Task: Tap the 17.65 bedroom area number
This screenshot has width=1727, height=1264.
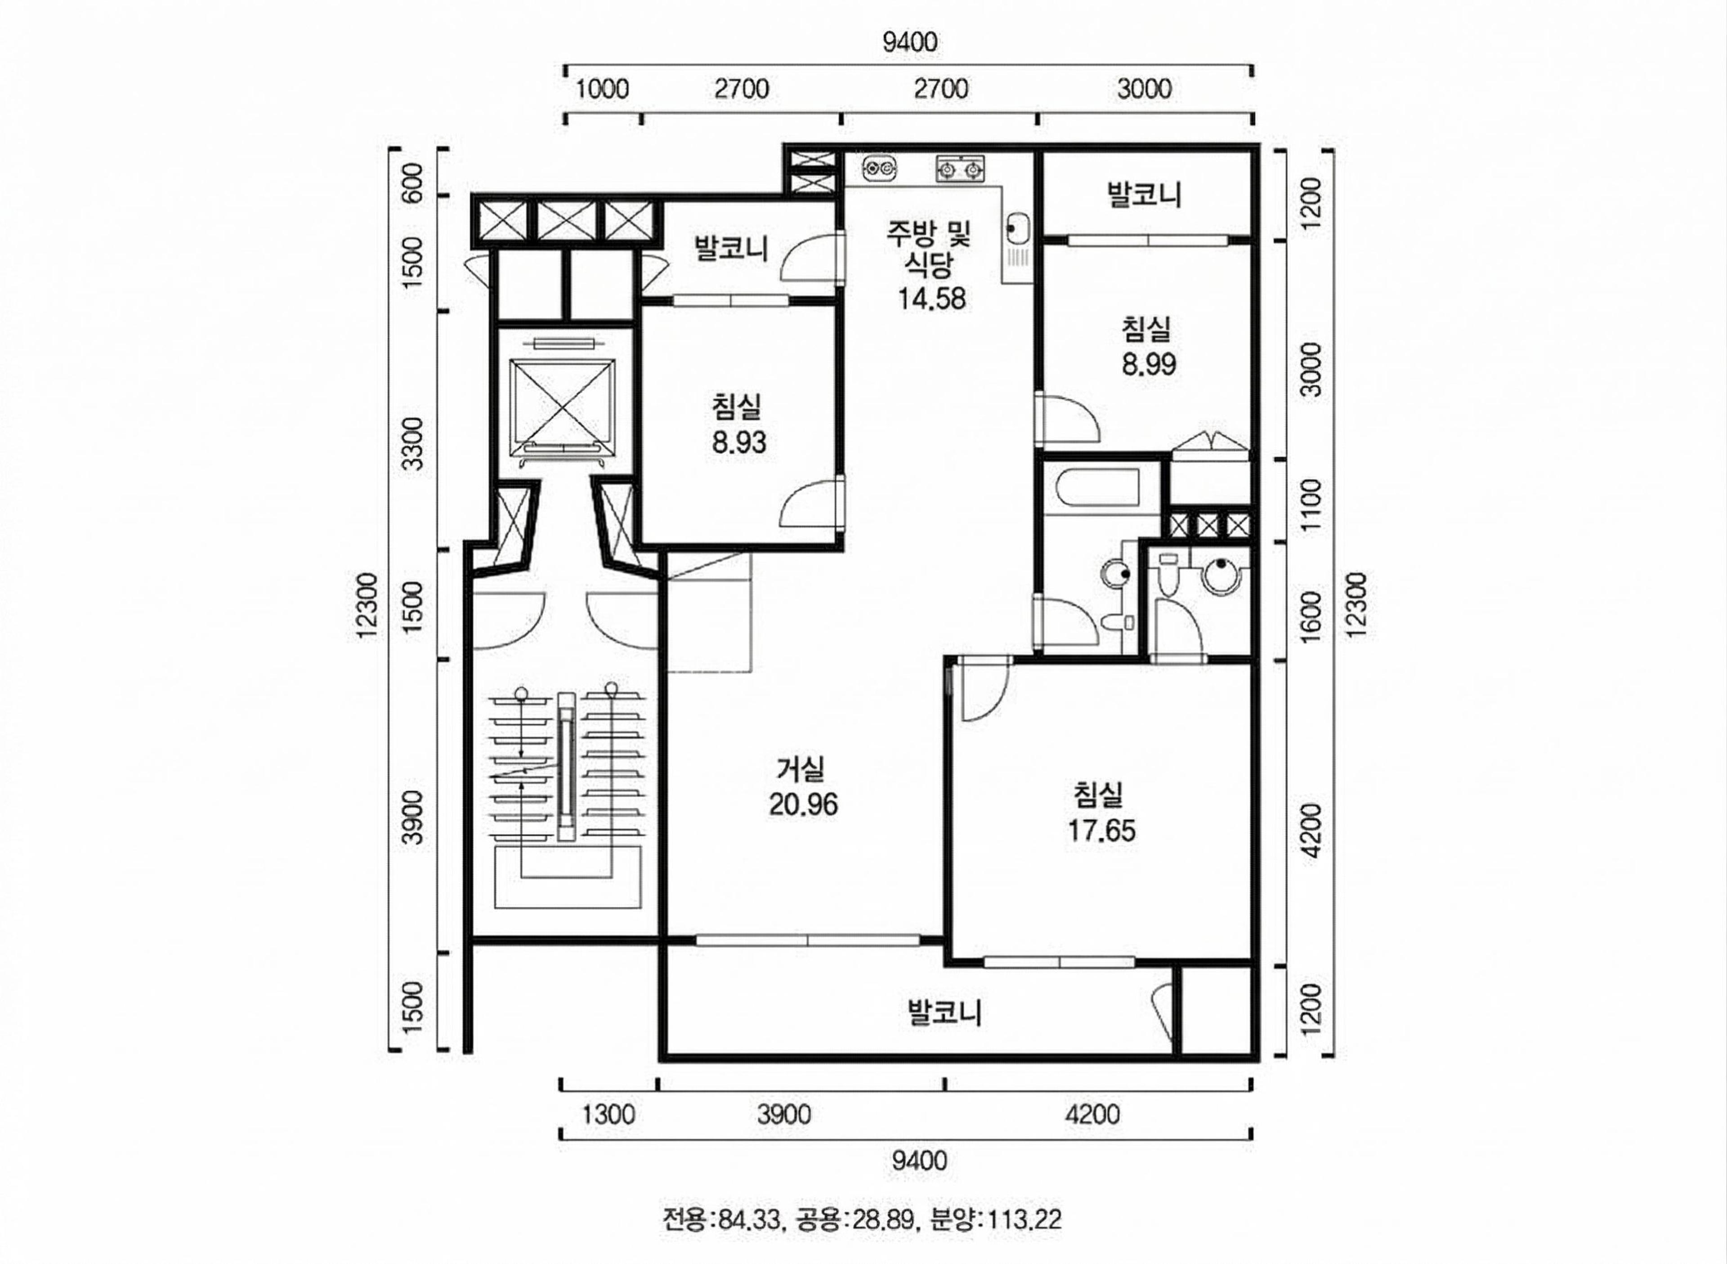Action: (1102, 831)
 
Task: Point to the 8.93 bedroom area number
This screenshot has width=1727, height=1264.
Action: (738, 442)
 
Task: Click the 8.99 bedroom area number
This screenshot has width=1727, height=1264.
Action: (1149, 364)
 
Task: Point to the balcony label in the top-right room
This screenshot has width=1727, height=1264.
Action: (1145, 194)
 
